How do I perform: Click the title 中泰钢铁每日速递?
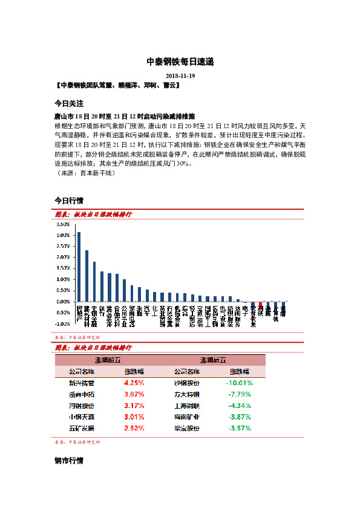click(x=180, y=62)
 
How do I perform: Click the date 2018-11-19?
click(x=180, y=76)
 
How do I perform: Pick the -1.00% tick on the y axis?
click(x=63, y=324)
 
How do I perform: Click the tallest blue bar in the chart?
click(x=79, y=267)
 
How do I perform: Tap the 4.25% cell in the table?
click(x=134, y=383)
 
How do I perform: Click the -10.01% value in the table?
click(x=239, y=383)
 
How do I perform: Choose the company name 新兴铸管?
click(x=82, y=383)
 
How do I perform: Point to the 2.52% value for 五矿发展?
click(x=134, y=428)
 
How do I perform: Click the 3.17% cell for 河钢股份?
click(x=134, y=406)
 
